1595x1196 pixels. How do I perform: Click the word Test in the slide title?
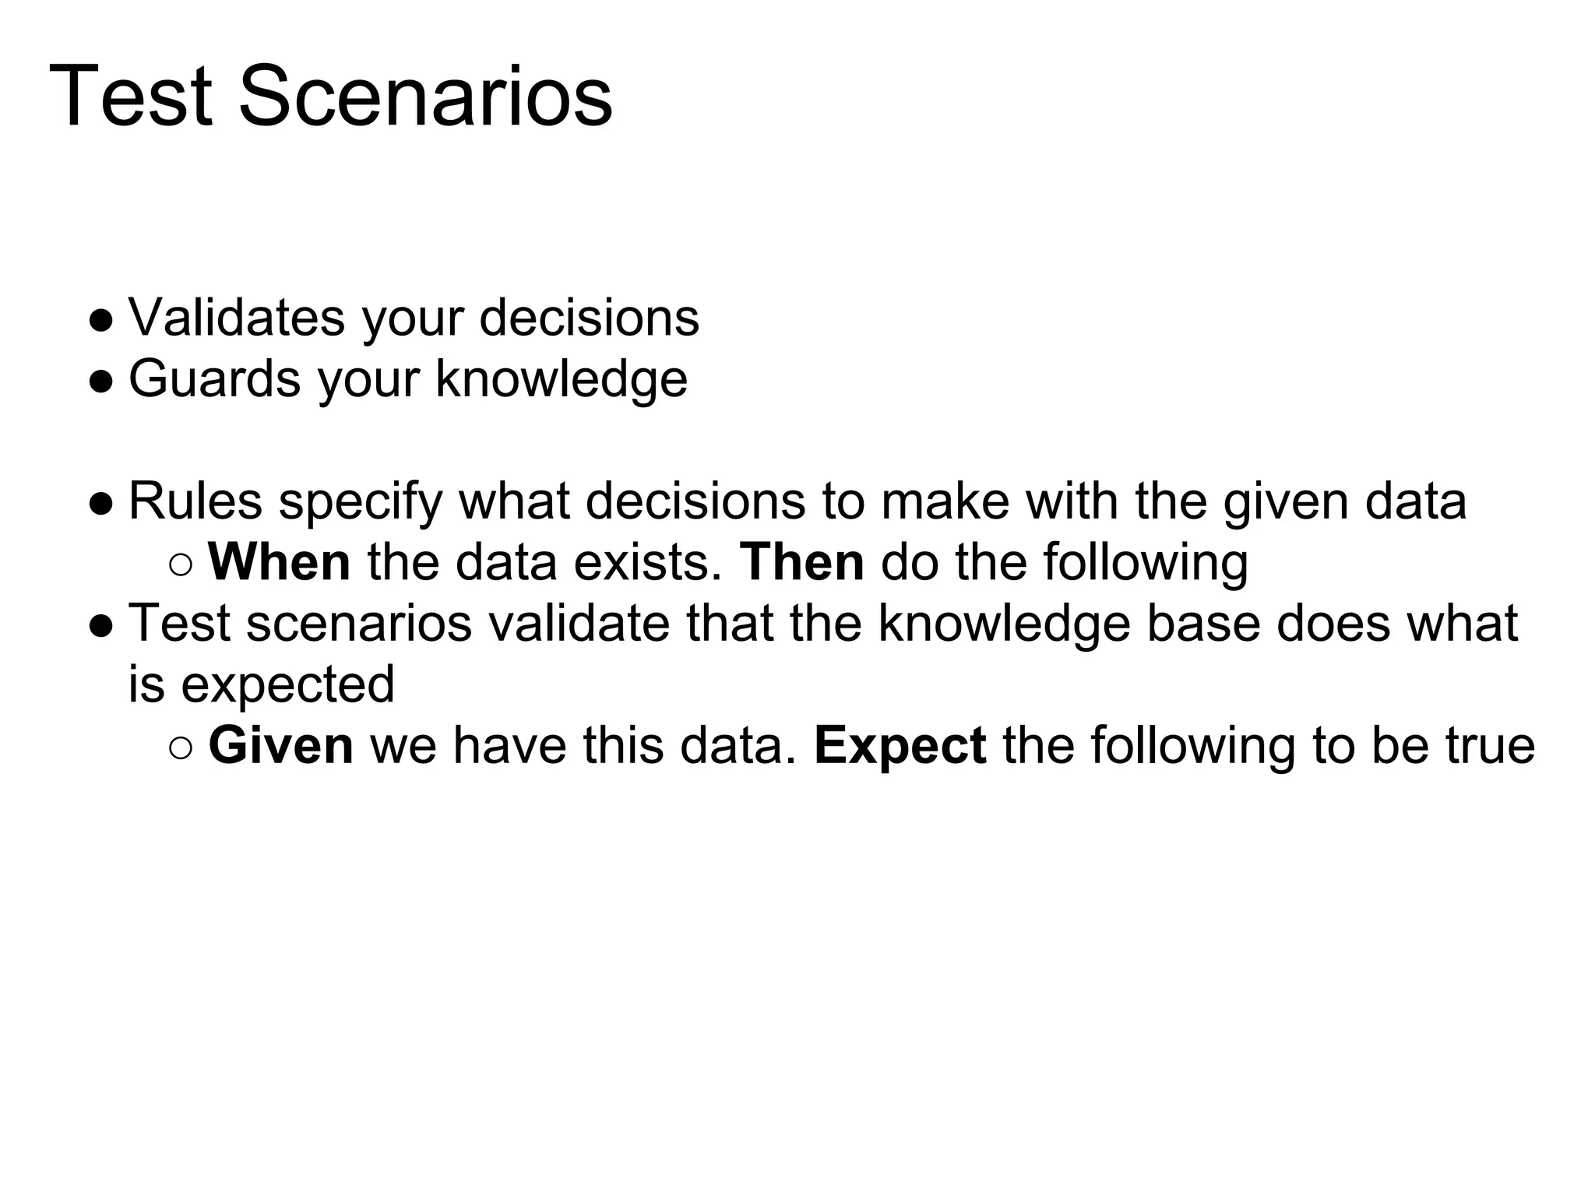pyautogui.click(x=131, y=97)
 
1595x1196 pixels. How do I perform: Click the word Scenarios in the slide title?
pyautogui.click(x=425, y=97)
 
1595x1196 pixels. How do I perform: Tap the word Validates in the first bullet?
pyautogui.click(x=236, y=318)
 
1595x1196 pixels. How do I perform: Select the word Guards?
pyautogui.click(x=214, y=379)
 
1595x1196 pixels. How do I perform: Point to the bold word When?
pyautogui.click(x=280, y=562)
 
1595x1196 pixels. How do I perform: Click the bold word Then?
pyautogui.click(x=801, y=562)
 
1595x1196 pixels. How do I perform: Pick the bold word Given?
pyautogui.click(x=281, y=745)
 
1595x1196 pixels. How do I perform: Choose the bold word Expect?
pyautogui.click(x=900, y=747)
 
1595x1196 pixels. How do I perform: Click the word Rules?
pyautogui.click(x=195, y=501)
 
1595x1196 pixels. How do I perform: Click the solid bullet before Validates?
pyautogui.click(x=101, y=320)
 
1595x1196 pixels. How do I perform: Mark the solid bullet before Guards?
pyautogui.click(x=101, y=381)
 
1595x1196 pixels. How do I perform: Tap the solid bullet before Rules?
pyautogui.click(x=101, y=503)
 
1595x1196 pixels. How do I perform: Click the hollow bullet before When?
pyautogui.click(x=180, y=565)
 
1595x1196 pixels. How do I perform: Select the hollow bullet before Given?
pyautogui.click(x=180, y=747)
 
